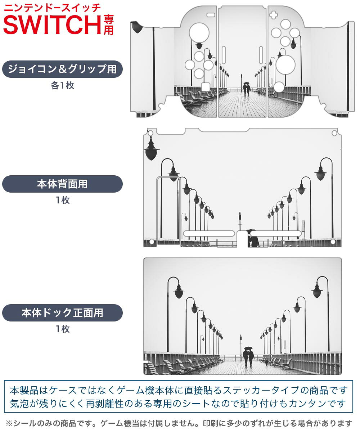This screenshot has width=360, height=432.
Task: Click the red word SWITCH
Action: tap(52, 25)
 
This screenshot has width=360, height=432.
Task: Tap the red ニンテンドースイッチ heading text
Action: tap(53, 8)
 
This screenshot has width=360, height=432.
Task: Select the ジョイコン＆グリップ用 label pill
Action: tap(62, 69)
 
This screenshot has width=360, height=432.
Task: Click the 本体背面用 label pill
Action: tap(62, 184)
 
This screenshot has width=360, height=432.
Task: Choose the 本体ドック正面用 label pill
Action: tap(62, 312)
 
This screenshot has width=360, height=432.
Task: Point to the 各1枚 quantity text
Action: tap(63, 85)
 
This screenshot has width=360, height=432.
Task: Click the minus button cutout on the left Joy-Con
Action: tap(211, 15)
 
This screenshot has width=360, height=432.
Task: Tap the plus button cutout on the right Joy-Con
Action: tap(273, 15)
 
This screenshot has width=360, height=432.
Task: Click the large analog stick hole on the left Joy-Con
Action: tap(199, 33)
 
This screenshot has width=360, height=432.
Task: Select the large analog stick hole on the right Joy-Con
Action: tap(285, 64)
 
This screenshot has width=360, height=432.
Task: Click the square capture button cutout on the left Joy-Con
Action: tap(206, 87)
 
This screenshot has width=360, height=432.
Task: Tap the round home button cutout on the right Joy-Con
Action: tap(279, 87)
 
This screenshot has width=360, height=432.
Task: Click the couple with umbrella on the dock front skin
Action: tap(248, 359)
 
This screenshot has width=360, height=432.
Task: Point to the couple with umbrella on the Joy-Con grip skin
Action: tap(247, 89)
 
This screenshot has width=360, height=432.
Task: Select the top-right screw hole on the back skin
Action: tap(334, 133)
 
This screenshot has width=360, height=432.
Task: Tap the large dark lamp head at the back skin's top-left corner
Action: tap(151, 150)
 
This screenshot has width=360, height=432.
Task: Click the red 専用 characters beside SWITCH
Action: tap(109, 25)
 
